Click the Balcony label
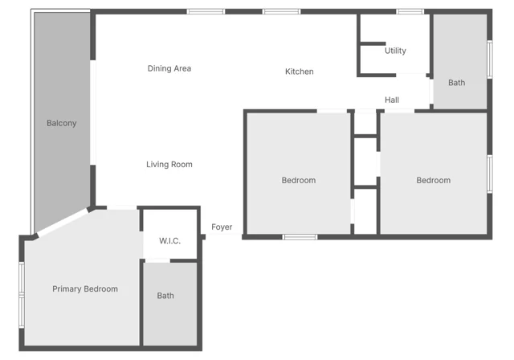(61, 123)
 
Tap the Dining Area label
(169, 68)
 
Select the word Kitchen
(300, 72)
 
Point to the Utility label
(395, 51)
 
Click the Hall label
(392, 100)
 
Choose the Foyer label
(222, 227)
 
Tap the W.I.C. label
(169, 241)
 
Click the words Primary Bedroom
(85, 288)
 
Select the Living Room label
(169, 164)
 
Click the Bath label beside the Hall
(457, 83)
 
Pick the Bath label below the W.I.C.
(165, 296)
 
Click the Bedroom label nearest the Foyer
(299, 180)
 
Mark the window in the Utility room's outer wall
(410, 12)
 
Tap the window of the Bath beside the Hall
(490, 59)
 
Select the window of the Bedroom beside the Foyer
(300, 237)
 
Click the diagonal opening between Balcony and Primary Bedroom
(63, 223)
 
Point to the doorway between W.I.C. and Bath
(157, 261)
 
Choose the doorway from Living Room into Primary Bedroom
(121, 207)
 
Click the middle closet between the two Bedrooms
(365, 162)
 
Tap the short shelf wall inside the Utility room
(373, 43)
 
